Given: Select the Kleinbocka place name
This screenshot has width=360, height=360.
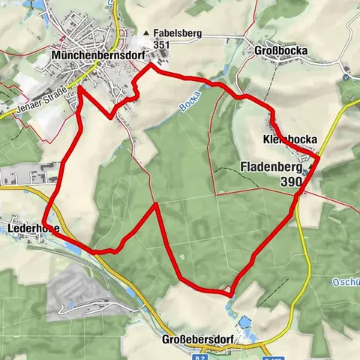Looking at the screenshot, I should [x=290, y=139].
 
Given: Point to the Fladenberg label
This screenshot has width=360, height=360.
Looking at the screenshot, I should [x=271, y=167].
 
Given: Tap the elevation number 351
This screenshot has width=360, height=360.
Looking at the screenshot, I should [x=160, y=45].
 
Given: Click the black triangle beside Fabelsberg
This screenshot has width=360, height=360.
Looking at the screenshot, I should [x=146, y=34].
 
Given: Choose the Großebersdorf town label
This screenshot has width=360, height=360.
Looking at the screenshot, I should [x=199, y=340].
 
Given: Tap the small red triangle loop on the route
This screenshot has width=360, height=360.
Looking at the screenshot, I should [x=226, y=290].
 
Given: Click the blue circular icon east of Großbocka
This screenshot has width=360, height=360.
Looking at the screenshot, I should [x=345, y=76].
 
